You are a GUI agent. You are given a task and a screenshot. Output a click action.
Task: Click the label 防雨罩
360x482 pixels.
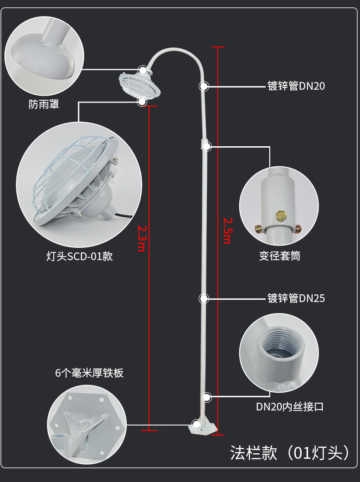(44, 105)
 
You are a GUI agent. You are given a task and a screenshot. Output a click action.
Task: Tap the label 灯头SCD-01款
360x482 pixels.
(79, 256)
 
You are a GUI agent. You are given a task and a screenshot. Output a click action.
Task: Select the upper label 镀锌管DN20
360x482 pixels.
(296, 86)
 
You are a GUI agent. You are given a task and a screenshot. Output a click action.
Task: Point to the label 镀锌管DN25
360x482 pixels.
(296, 298)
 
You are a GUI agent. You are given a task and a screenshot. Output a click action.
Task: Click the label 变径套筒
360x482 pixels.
(279, 256)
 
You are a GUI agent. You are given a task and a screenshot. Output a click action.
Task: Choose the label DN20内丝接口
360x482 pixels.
(289, 406)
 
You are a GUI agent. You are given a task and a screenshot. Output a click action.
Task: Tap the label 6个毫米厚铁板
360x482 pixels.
(89, 373)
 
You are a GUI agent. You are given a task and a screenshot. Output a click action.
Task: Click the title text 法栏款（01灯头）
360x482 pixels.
(290, 453)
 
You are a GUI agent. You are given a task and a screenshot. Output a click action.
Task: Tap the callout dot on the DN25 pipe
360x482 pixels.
(204, 298)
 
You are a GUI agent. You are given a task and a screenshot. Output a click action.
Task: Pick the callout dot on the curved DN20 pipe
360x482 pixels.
(204, 86)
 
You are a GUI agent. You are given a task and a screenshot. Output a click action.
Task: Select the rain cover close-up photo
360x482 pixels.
(44, 53)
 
